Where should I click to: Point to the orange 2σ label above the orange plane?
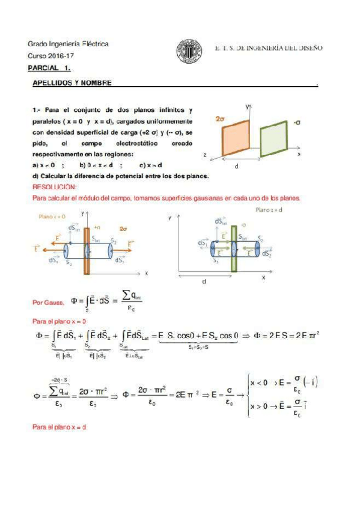(220, 119)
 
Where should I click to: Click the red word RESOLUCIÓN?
(51, 187)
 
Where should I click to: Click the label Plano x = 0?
(52, 215)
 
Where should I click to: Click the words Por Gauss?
(44, 303)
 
